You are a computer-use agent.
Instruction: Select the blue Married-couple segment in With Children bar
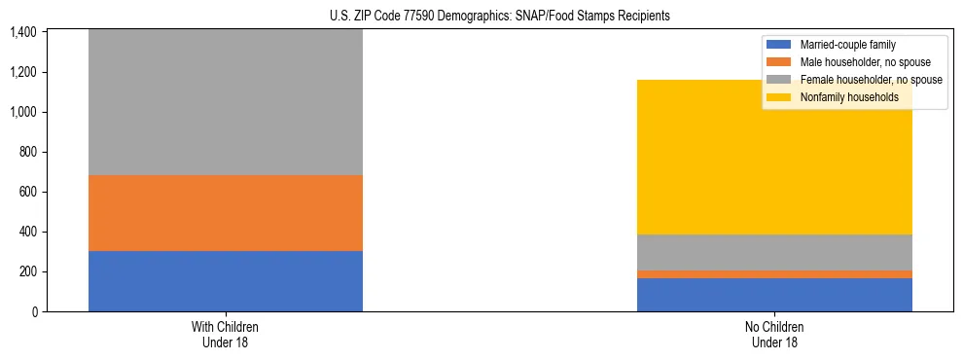(x=226, y=281)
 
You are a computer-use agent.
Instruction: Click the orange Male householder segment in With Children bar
(x=226, y=213)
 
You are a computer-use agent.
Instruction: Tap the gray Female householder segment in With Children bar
(x=226, y=102)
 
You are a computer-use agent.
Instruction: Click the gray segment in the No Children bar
(x=774, y=252)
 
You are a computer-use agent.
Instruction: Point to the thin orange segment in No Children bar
(x=774, y=274)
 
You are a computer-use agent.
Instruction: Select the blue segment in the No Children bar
(x=774, y=295)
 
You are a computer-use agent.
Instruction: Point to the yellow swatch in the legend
(x=779, y=97)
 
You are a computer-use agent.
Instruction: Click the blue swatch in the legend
(x=779, y=45)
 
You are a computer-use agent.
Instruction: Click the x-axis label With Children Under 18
(x=226, y=335)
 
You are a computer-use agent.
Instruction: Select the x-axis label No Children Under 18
(x=774, y=335)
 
